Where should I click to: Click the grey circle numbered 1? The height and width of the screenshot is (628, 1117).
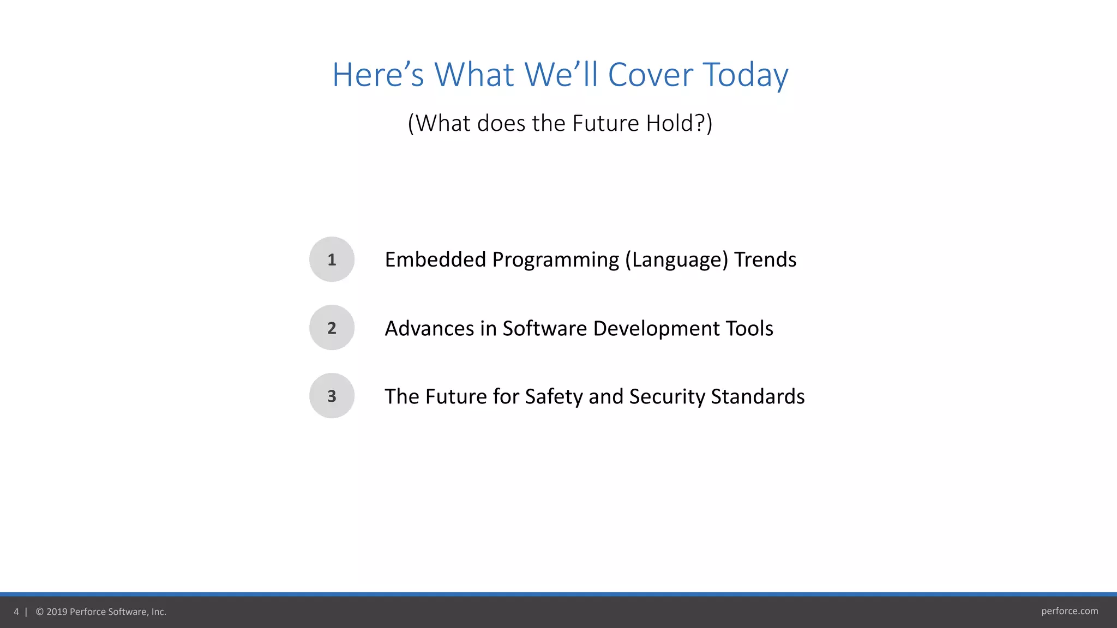332,259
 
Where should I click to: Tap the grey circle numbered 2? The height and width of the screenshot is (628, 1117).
332,328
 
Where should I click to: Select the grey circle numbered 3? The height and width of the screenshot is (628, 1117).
332,396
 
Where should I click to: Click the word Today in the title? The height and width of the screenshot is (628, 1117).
745,75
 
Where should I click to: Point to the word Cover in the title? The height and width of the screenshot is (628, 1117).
650,75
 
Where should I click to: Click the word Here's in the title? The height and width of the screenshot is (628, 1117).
377,75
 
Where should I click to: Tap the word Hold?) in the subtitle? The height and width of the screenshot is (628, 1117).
679,123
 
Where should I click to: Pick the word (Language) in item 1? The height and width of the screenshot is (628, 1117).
676,260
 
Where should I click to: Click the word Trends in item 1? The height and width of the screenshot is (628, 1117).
765,259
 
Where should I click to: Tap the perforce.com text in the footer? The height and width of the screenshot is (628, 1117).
1069,611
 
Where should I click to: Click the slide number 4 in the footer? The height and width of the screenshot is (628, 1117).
16,612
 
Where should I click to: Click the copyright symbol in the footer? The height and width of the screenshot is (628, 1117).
40,612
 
